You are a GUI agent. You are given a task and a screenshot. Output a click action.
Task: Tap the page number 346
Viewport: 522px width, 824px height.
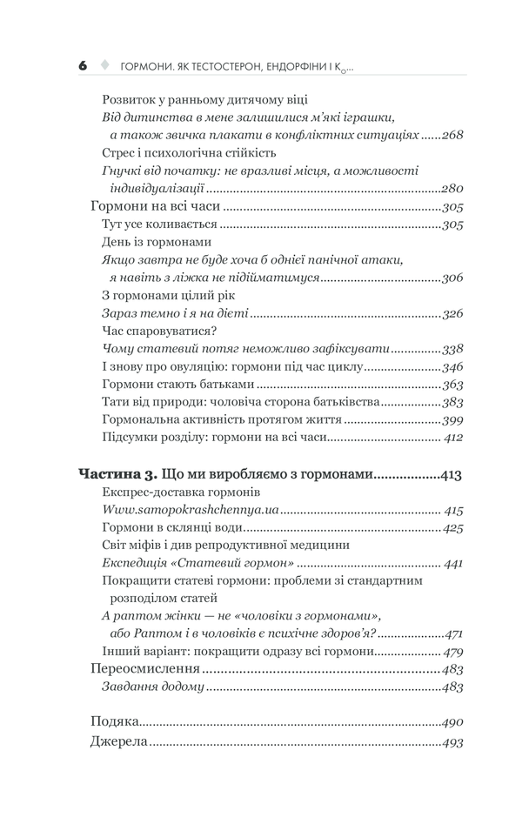coord(451,366)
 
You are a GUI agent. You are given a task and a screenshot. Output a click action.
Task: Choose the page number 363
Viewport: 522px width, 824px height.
coord(451,385)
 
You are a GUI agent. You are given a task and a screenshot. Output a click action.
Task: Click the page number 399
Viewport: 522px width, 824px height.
coord(451,421)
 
